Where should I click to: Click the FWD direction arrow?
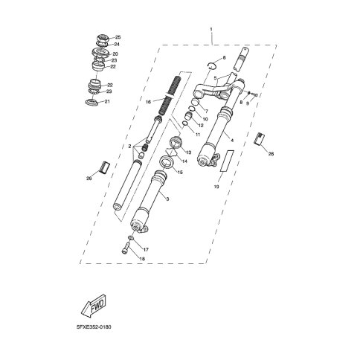pyautogui.click(x=94, y=305)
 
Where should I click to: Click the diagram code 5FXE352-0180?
pyautogui.click(x=94, y=327)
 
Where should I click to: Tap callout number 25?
pyautogui.click(x=118, y=37)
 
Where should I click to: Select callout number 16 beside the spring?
pyautogui.click(x=148, y=102)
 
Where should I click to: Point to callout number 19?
pyautogui.click(x=216, y=187)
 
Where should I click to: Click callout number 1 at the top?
pyautogui.click(x=211, y=29)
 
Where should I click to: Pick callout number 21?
pyautogui.click(x=107, y=101)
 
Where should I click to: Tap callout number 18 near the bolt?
pyautogui.click(x=142, y=259)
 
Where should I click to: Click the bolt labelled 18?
pyautogui.click(x=126, y=248)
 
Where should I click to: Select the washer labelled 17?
pyautogui.click(x=132, y=238)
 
